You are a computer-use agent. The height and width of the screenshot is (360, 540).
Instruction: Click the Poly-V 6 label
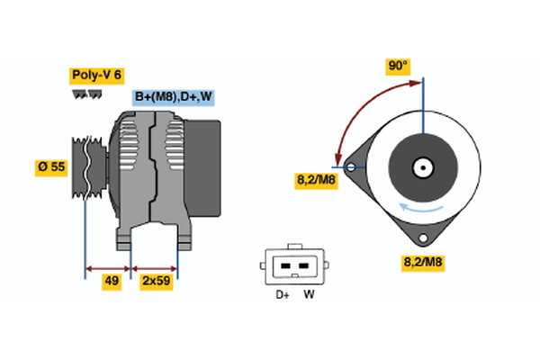pos(95,76)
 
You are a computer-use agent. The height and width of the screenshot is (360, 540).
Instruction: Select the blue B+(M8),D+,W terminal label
pos(175,97)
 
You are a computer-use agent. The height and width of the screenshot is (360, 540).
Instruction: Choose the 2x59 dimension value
pos(156,281)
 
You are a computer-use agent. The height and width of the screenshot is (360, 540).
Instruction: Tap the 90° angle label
pos(397,66)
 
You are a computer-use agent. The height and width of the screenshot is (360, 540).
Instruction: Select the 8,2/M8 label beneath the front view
pos(422,263)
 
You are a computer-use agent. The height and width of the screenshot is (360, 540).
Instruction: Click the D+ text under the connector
pos(282,293)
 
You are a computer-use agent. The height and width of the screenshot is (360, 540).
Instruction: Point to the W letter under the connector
pos(309,293)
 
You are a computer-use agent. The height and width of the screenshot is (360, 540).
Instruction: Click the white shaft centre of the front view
pos(421,167)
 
